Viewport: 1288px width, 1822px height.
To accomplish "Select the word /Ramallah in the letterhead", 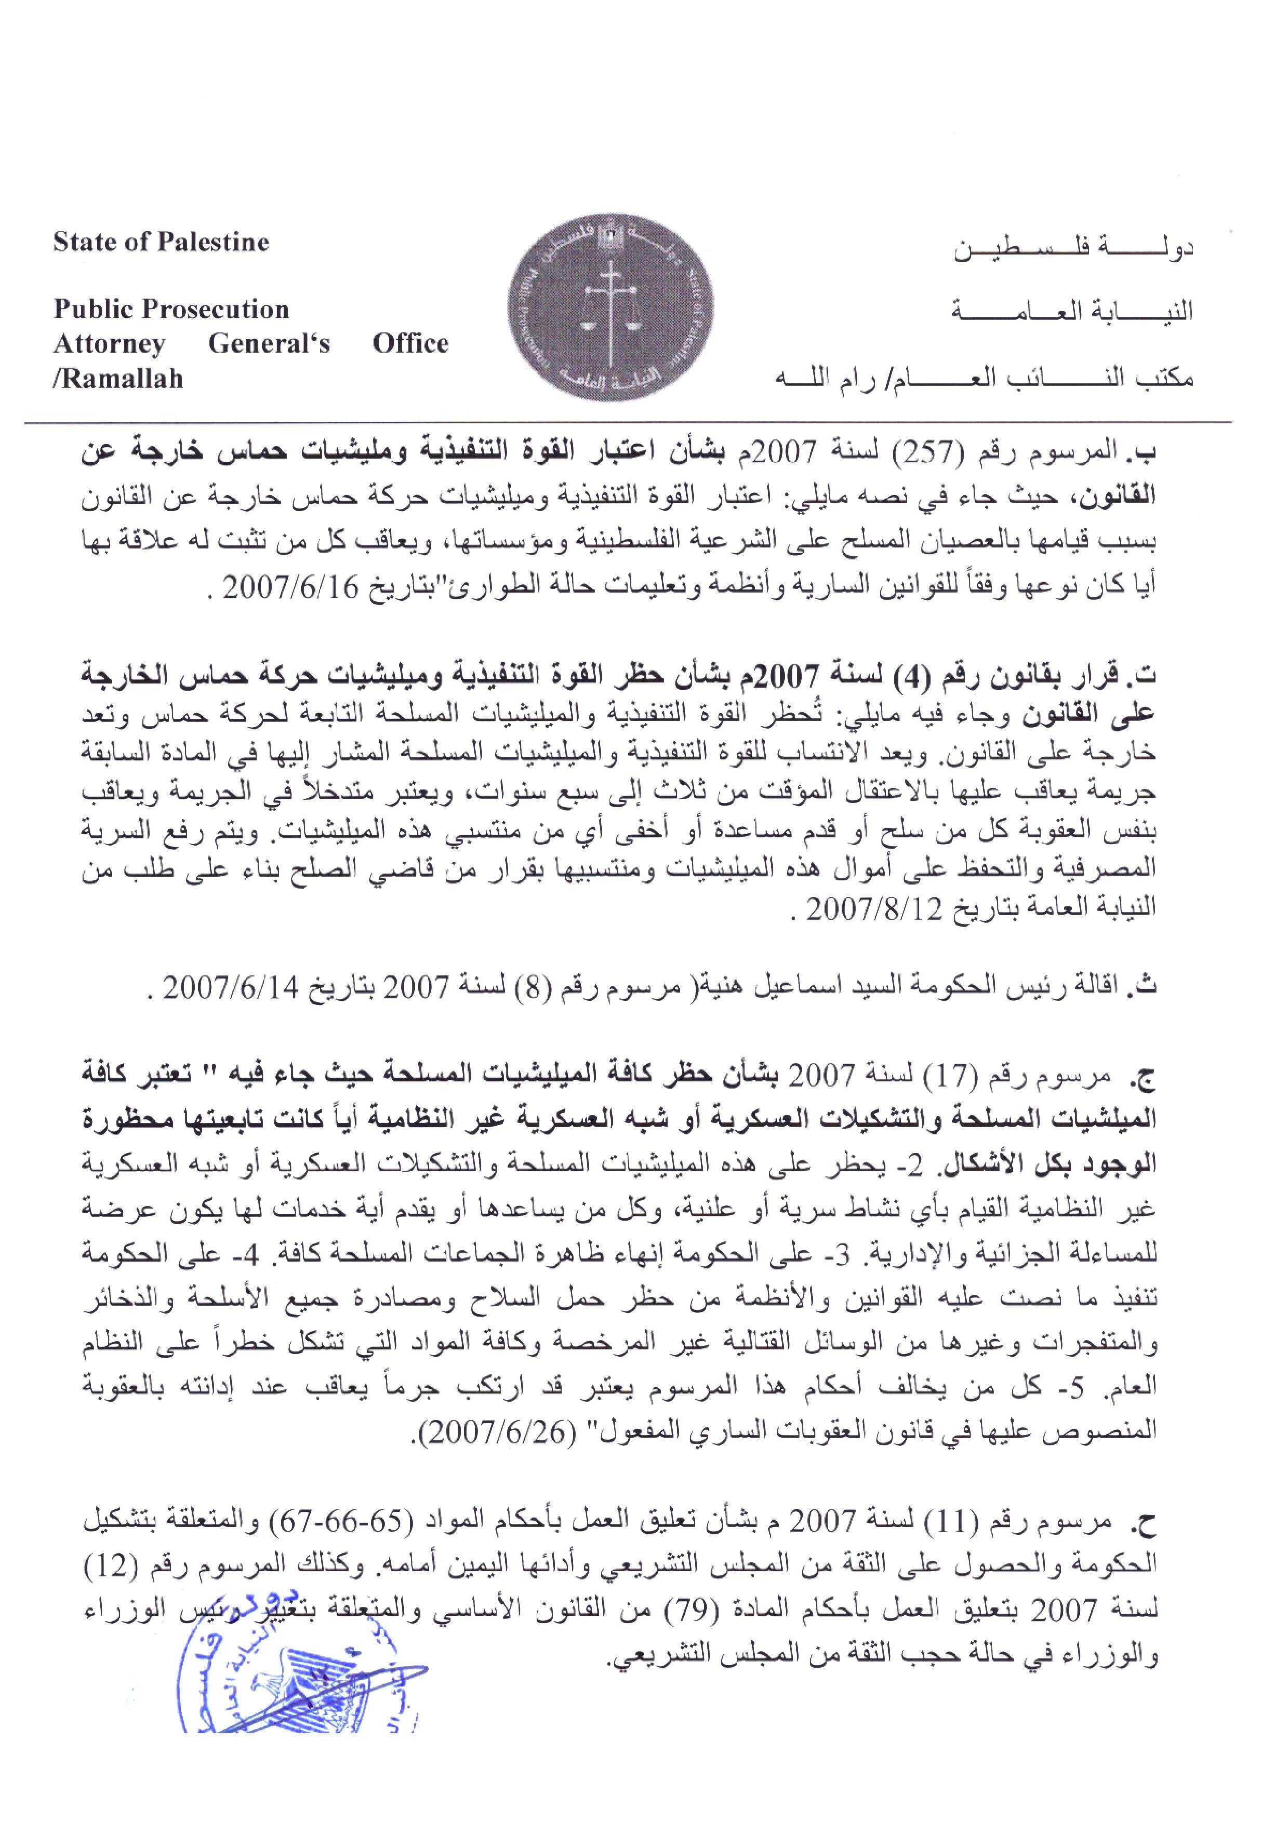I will pos(118,379).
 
